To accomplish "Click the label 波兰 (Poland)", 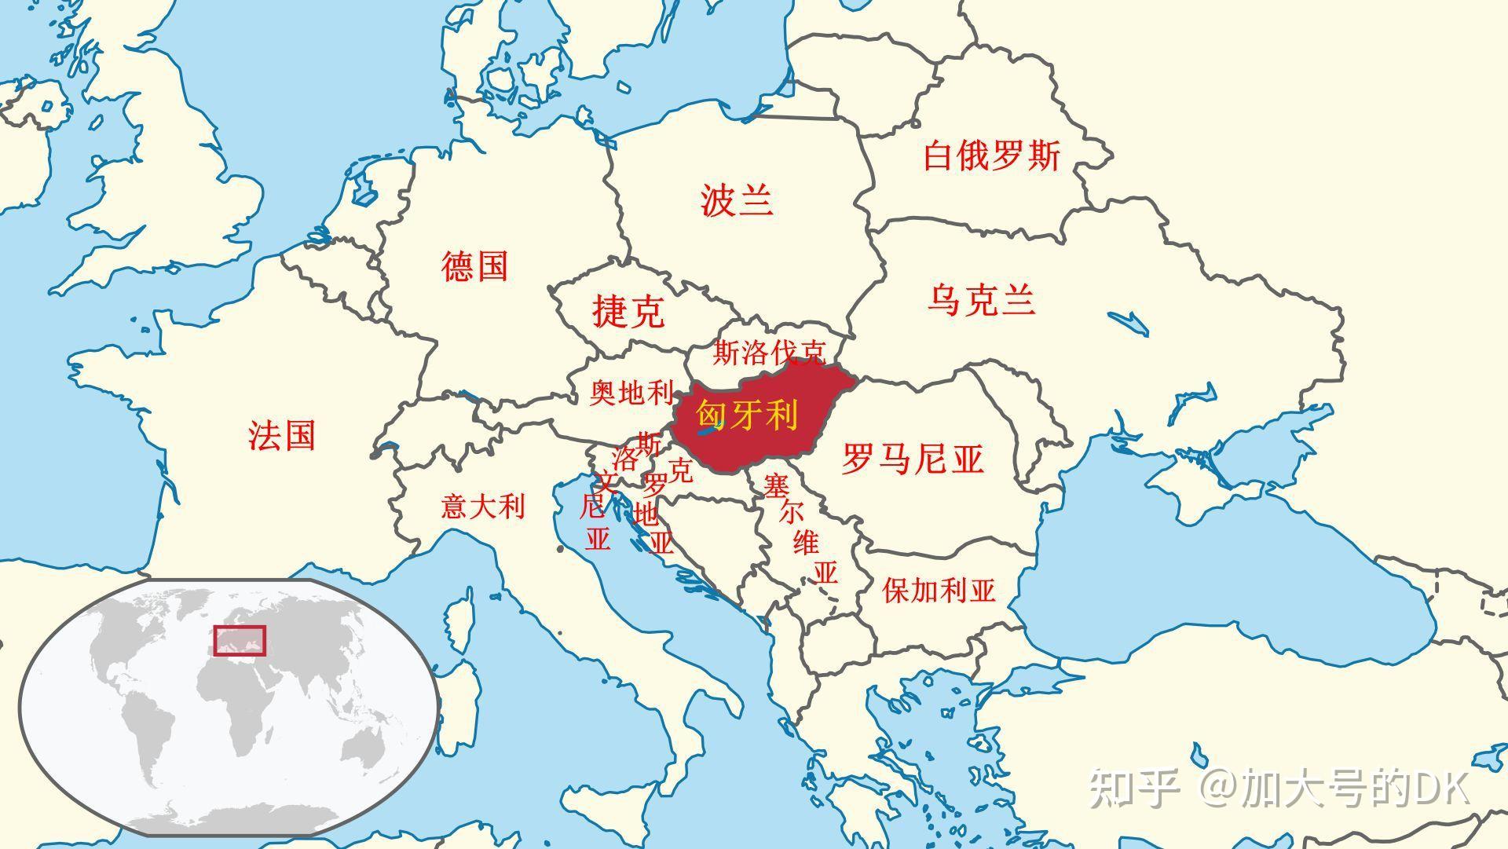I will point(737,200).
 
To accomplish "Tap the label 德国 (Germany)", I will point(474,266).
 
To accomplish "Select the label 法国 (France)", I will point(282,434).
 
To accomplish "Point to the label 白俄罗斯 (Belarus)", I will point(991,156).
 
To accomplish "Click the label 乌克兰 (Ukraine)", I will point(981,300).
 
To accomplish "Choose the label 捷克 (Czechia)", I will point(628,311).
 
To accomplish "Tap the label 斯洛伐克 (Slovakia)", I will point(769,353).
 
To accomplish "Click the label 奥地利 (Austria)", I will point(631,392).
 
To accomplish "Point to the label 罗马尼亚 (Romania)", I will point(913,458).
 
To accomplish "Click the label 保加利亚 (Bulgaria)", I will point(939,590).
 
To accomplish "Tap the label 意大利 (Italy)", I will point(482,506).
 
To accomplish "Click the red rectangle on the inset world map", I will point(240,640).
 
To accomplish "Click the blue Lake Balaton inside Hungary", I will point(709,429).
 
